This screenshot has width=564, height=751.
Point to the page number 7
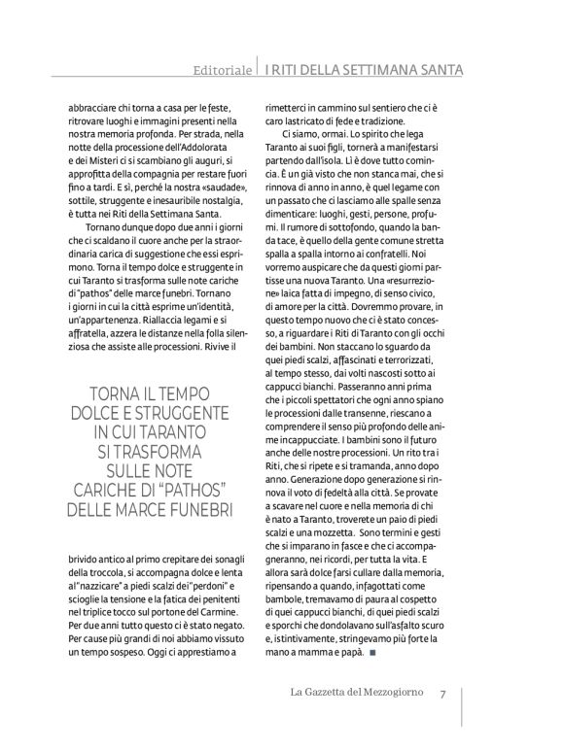click(x=442, y=695)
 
